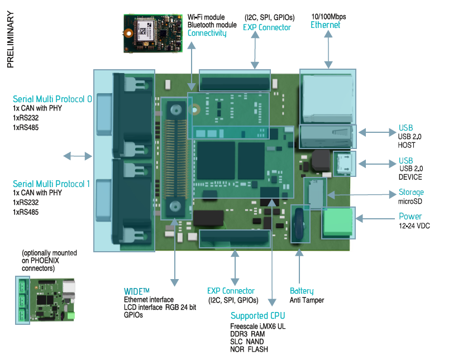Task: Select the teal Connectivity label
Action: point(207,33)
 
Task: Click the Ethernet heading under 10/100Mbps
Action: point(325,25)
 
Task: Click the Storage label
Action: point(411,193)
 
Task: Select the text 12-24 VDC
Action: point(414,225)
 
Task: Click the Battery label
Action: point(302,291)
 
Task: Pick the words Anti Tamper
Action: point(307,300)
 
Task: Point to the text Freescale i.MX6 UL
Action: point(257,327)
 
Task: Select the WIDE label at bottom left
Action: point(137,291)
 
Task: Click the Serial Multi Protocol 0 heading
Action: point(53,99)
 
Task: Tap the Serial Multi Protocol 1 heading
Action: point(51,184)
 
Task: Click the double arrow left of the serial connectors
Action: point(77,156)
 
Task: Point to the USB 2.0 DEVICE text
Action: point(411,172)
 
